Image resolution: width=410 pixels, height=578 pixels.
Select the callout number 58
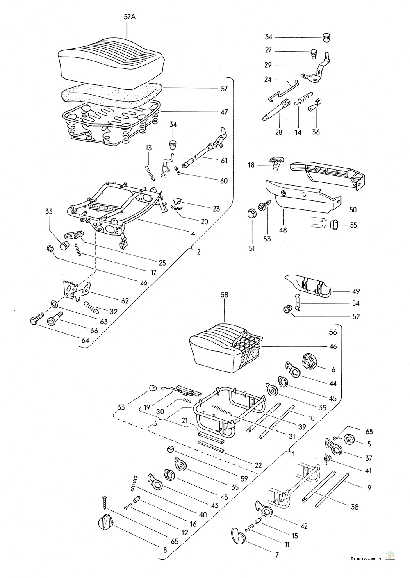click(225, 295)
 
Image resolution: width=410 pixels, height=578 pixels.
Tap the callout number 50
click(353, 209)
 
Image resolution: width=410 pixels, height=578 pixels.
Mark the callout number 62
click(125, 300)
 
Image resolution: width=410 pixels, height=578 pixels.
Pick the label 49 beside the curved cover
click(355, 291)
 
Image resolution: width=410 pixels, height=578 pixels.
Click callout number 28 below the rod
click(279, 132)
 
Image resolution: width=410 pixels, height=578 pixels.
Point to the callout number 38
click(355, 507)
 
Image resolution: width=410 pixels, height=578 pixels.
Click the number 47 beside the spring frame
click(224, 112)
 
